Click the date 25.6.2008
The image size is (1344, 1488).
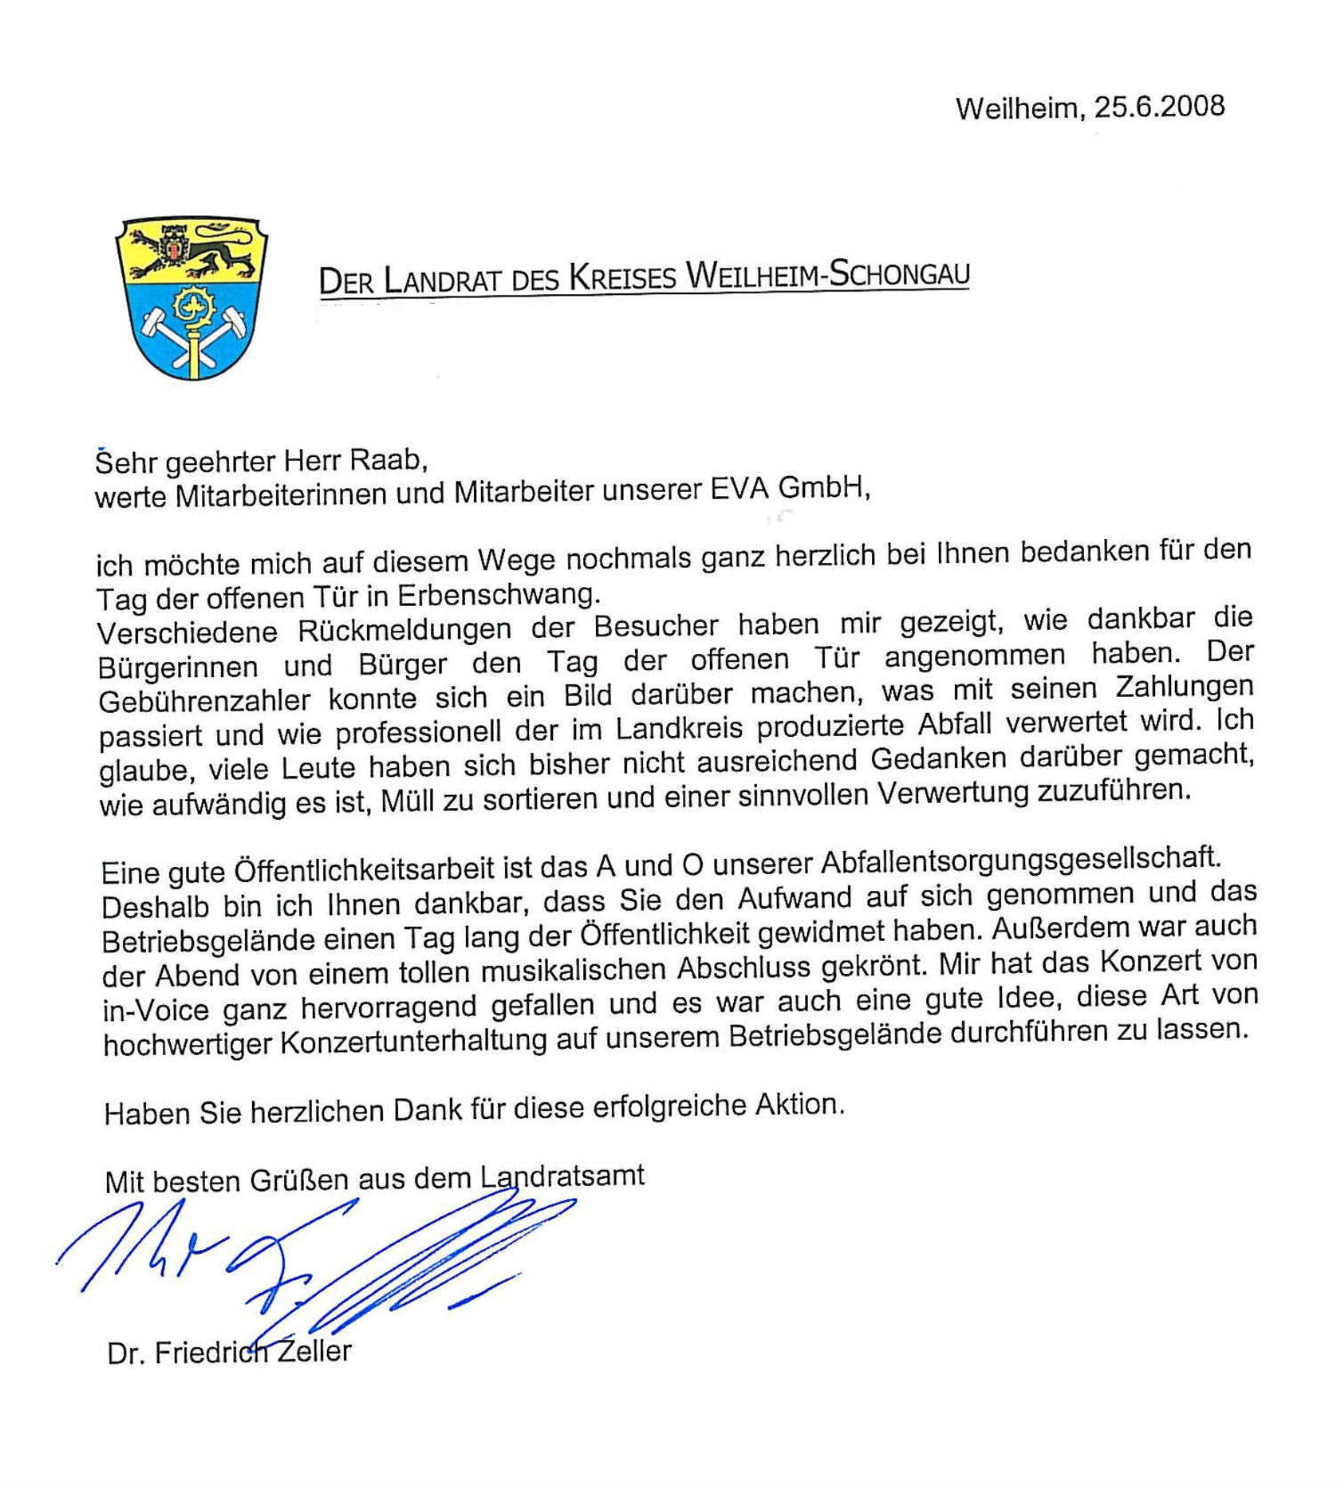(x=1159, y=107)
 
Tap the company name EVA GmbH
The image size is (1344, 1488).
(x=787, y=489)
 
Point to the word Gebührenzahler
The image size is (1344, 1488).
(x=205, y=701)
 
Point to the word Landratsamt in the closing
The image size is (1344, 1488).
(x=562, y=1177)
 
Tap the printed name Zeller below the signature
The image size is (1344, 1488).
(x=314, y=1352)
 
